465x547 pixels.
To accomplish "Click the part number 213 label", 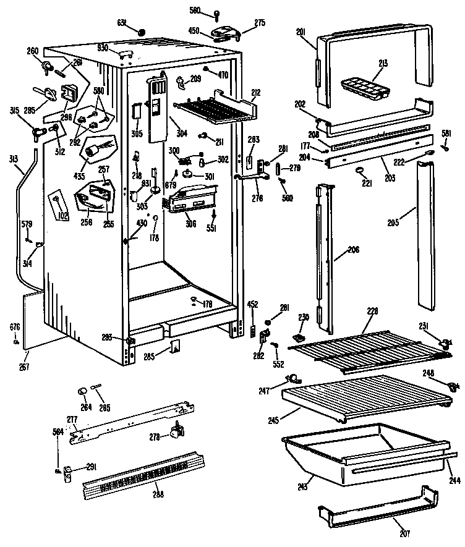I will click(384, 63).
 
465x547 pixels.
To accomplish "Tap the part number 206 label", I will click(352, 250).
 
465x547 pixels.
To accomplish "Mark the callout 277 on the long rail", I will click(72, 420).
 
